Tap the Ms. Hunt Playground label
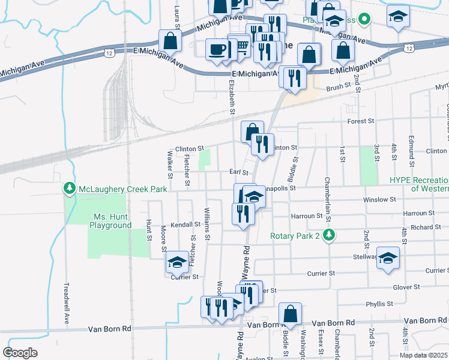tap(112, 221)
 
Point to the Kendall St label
tap(185, 224)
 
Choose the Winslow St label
tap(379, 199)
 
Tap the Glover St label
tap(405, 287)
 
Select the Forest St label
tap(361, 121)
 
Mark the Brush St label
tap(338, 87)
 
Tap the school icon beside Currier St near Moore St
tap(176, 262)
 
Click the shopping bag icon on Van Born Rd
tap(290, 313)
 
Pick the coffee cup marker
tap(216, 49)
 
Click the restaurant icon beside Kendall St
tap(243, 214)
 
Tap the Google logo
tap(20, 353)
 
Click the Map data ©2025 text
tap(423, 355)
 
